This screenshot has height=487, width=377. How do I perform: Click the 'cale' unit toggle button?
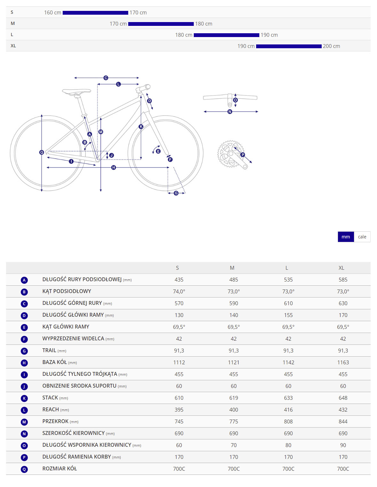coord(362,237)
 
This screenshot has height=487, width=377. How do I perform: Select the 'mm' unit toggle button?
coord(346,237)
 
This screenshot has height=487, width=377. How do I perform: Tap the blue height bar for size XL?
coord(289,46)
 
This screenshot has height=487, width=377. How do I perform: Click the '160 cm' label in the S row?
coord(53,12)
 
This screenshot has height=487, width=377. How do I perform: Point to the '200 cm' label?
coord(331,46)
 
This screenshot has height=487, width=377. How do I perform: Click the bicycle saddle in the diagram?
coord(76,91)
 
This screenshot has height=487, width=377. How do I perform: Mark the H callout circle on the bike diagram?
coord(114,167)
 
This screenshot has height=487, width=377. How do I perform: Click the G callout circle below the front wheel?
coord(176,193)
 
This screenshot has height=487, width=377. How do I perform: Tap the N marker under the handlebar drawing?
coord(230,112)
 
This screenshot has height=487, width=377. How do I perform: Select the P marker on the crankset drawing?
coord(243,155)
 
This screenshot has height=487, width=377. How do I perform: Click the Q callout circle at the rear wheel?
coord(42,152)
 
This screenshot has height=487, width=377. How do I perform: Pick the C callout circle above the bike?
coord(106,78)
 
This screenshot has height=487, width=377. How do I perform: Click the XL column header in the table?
coord(341,268)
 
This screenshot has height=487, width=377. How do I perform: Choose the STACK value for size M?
coord(234,398)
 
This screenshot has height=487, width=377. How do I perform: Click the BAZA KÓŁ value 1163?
coord(343,362)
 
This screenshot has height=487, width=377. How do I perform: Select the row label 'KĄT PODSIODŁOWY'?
coord(67,291)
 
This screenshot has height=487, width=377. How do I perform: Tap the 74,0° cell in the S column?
coord(179,291)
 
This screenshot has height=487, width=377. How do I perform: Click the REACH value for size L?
coord(288,410)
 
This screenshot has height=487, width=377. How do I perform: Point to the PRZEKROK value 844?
coord(343,421)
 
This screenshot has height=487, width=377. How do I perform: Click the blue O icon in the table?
coord(24,445)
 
